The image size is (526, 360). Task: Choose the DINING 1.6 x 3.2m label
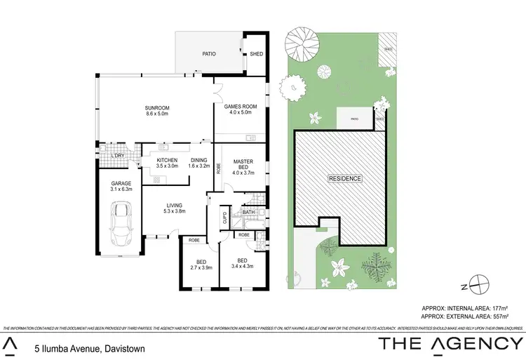[199, 164]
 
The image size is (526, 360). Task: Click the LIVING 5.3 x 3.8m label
[173, 208]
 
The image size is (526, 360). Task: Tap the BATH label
[248, 211]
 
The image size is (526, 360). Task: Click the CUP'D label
[224, 218]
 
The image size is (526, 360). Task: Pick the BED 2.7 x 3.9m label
[201, 265]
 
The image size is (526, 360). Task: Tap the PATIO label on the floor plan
[209, 53]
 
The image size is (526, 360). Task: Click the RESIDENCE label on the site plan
[346, 178]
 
